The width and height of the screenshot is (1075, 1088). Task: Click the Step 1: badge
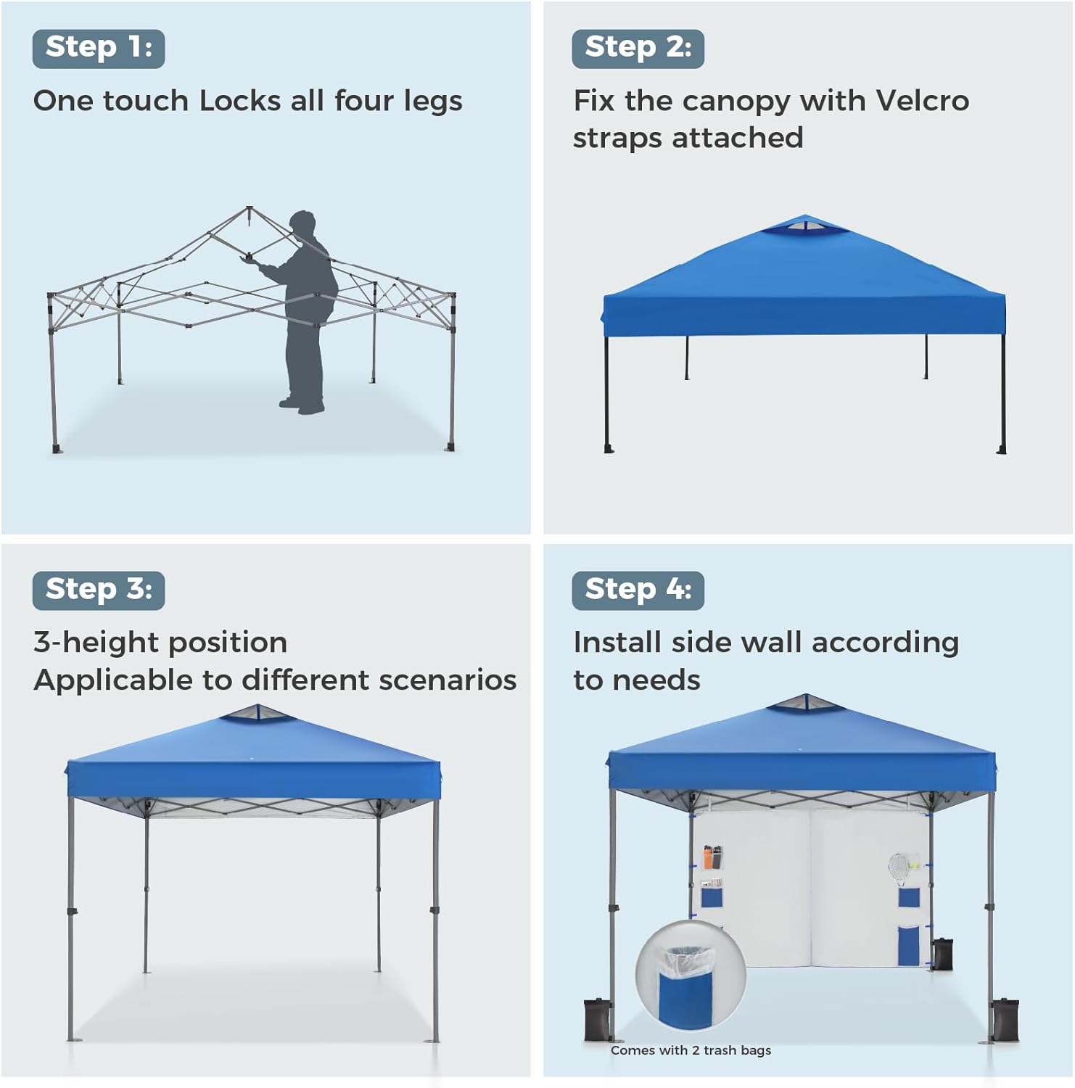click(x=99, y=49)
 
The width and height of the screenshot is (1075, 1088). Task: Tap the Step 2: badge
click(x=638, y=49)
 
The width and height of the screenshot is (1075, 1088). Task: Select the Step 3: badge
click(x=99, y=590)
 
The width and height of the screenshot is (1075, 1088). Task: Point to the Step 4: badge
click(x=638, y=590)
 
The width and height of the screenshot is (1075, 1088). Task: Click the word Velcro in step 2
click(x=922, y=101)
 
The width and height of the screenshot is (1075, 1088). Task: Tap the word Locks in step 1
click(x=240, y=101)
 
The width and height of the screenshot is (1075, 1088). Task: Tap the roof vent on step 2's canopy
click(x=804, y=226)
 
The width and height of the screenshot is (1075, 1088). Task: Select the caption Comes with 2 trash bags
click(x=691, y=1050)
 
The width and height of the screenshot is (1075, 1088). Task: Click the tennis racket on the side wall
click(x=899, y=869)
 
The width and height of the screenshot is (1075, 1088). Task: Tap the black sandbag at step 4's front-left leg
click(x=598, y=1019)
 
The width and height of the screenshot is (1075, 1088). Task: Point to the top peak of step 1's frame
click(x=250, y=208)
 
